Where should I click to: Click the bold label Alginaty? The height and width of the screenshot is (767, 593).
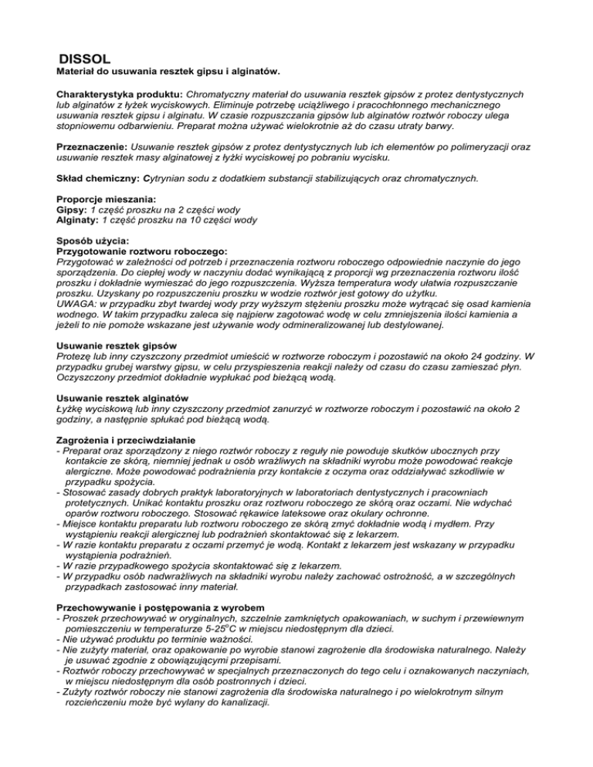click(x=78, y=220)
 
